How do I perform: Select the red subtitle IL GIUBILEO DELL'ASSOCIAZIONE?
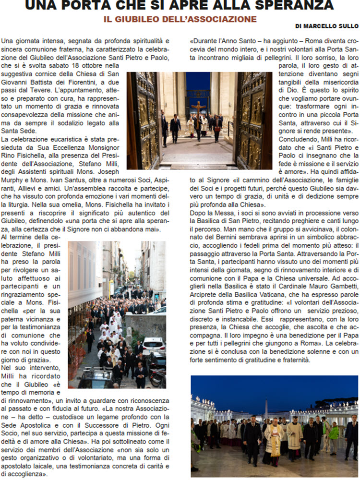click(180, 19)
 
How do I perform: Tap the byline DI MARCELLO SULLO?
click(327, 26)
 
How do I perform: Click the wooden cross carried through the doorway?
click(198, 108)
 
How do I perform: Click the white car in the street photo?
click(154, 346)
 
